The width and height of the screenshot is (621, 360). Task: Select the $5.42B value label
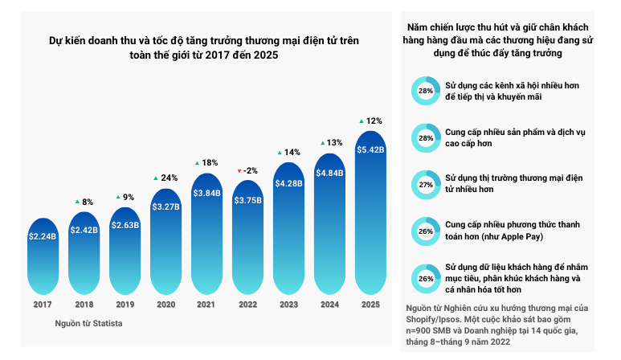(370, 149)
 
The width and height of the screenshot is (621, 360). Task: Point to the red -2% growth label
(247, 170)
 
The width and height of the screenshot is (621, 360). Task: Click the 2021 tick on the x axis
(206, 305)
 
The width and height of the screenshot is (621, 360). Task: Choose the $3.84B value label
(206, 193)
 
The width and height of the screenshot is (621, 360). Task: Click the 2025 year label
(370, 305)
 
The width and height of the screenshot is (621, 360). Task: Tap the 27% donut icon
(425, 184)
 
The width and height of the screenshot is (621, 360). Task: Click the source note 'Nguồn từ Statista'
(88, 323)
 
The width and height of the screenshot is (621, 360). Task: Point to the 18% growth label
(206, 162)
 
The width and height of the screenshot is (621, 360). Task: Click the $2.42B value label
(84, 230)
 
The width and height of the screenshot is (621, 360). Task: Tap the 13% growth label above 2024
(330, 142)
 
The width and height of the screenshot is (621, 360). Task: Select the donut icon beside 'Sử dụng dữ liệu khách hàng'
(425, 278)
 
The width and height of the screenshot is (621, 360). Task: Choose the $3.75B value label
(247, 201)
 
